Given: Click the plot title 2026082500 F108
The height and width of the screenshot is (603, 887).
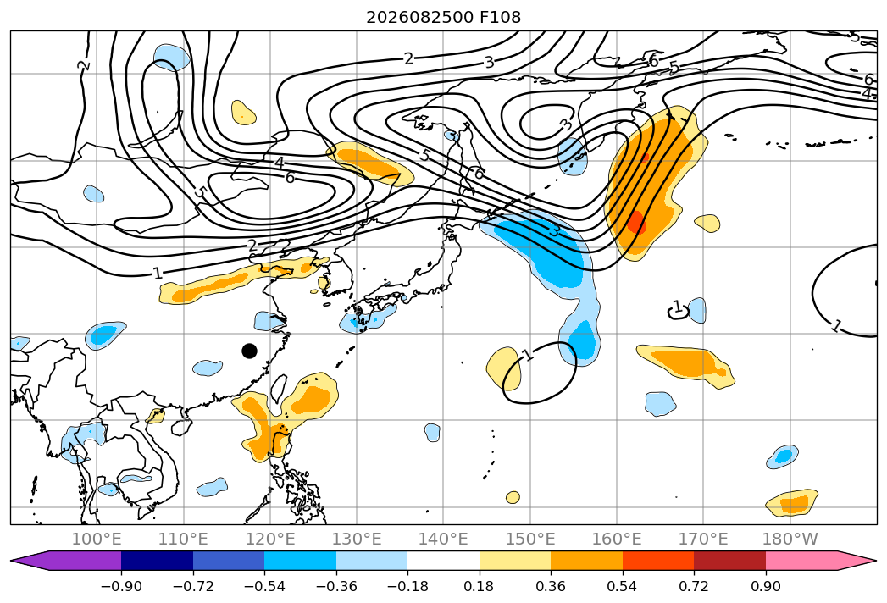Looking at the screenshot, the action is [x=444, y=18].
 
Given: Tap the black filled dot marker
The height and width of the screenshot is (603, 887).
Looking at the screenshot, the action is [x=249, y=351].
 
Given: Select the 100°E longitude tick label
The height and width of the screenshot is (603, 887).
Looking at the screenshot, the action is [x=97, y=539].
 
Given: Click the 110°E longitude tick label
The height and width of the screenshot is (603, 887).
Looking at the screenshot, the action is [x=183, y=539].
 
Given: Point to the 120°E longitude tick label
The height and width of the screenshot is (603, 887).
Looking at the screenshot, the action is [x=270, y=539].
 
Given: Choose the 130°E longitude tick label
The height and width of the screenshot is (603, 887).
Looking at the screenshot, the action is [x=357, y=539].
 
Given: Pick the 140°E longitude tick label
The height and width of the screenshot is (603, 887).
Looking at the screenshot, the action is [x=443, y=539].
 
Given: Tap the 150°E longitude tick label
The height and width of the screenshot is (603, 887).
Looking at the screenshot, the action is [x=530, y=539].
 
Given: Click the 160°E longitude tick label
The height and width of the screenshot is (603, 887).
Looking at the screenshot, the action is [x=617, y=539].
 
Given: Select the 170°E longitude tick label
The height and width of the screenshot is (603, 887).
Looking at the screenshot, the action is [x=703, y=539].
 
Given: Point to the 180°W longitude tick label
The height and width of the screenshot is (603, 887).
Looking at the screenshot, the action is [x=790, y=539].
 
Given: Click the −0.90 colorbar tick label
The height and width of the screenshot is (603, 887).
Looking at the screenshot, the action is [x=121, y=587].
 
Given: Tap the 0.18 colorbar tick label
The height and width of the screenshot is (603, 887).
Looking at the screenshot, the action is [x=479, y=587].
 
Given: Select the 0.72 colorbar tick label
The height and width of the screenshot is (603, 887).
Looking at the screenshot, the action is [x=694, y=587].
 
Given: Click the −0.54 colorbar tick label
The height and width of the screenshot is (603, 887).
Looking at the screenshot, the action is [x=264, y=587].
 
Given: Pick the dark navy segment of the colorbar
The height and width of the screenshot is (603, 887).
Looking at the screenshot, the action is [x=158, y=560].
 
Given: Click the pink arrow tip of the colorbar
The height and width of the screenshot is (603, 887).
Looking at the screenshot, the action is [x=874, y=560].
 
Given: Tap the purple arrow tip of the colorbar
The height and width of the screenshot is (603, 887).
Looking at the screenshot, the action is [x=13, y=560].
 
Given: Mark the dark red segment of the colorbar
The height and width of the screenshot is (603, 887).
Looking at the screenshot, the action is [x=729, y=560].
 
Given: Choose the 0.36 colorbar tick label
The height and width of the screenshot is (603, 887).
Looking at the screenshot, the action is [x=551, y=587].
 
